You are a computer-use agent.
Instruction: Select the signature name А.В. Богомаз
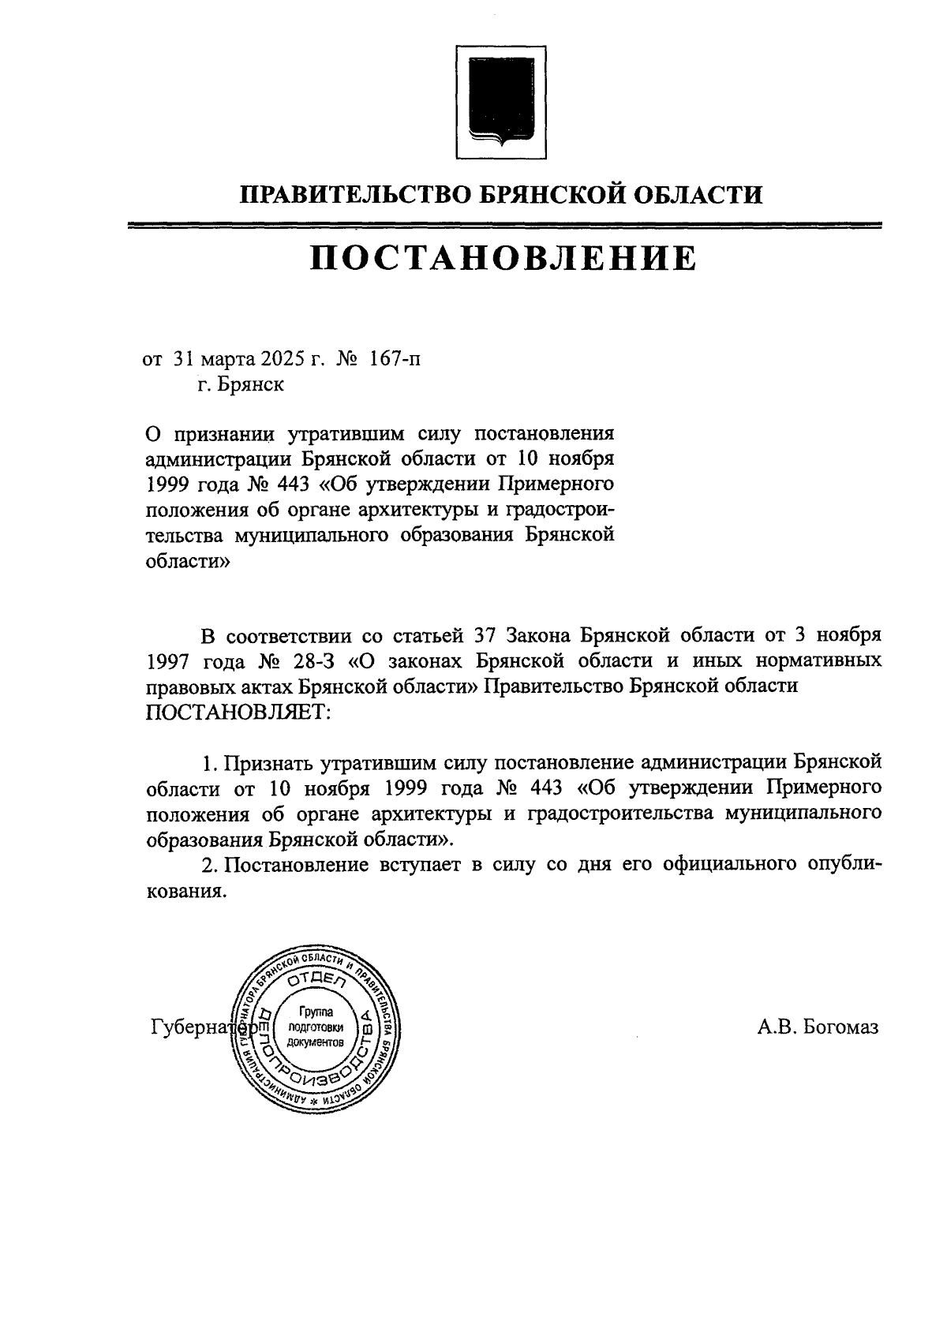click(x=817, y=1027)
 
